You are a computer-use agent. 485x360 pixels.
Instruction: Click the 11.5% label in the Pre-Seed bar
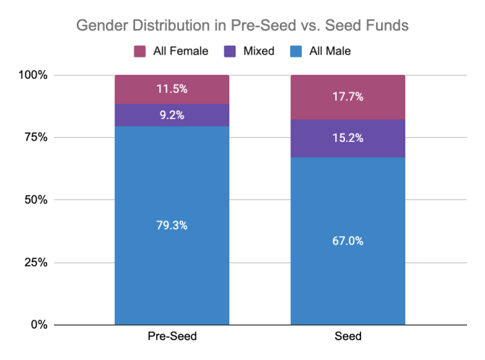tap(172, 89)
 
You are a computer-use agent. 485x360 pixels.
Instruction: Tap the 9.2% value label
tap(172, 115)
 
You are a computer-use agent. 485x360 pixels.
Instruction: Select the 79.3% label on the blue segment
tap(172, 225)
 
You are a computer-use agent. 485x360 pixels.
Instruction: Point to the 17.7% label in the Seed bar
tap(348, 97)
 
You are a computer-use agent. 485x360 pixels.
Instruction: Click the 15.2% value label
tap(348, 138)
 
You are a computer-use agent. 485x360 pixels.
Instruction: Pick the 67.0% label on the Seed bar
tap(348, 241)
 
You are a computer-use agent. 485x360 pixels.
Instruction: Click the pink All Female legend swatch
tap(140, 51)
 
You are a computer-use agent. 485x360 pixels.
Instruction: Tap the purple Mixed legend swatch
tap(230, 51)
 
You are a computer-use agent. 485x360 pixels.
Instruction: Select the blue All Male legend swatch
tap(296, 51)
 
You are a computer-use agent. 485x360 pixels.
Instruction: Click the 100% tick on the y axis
tap(33, 75)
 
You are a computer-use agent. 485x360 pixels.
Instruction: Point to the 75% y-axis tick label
tap(36, 137)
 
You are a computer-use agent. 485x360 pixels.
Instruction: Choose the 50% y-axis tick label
tap(36, 199)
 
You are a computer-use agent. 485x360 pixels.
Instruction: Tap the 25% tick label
tap(36, 262)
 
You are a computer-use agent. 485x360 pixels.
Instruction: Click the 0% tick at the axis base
tap(39, 325)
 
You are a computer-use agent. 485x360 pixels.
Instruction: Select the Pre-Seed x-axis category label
tap(172, 336)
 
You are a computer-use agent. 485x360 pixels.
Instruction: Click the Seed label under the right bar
tap(348, 336)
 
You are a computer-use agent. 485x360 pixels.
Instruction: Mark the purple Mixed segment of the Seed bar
tap(348, 138)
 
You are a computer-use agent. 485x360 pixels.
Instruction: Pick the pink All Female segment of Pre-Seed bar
tap(172, 89)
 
